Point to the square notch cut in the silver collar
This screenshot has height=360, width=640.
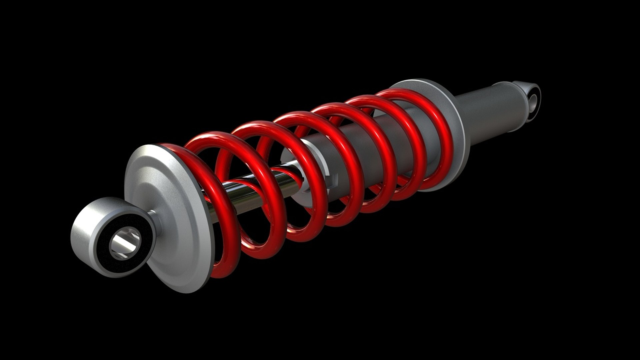[x=333, y=182]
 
